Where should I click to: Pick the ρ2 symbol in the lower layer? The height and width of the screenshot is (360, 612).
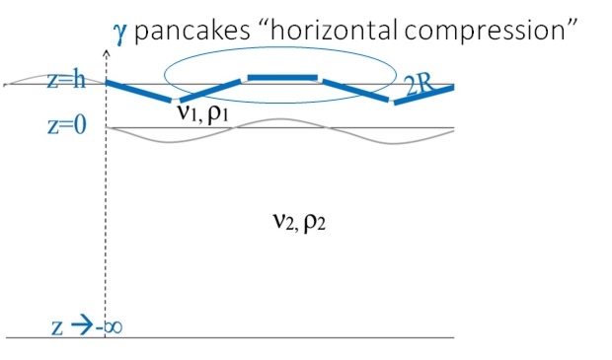click(x=314, y=223)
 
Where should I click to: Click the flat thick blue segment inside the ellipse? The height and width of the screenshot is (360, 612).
click(x=281, y=77)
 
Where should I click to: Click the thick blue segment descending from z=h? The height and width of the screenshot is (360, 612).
click(x=138, y=91)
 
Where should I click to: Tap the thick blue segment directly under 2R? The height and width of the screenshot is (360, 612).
click(x=424, y=95)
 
